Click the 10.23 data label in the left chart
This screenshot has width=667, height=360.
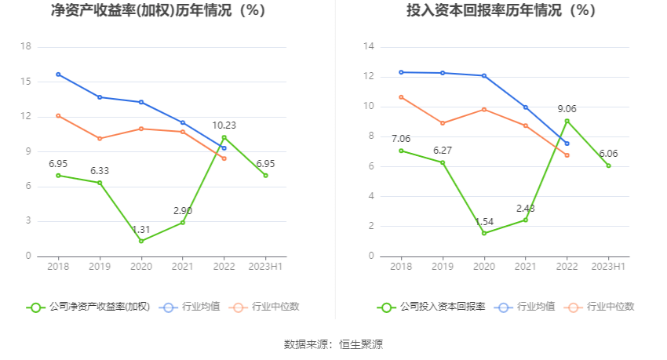(224, 125)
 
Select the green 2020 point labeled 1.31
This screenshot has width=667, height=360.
(141, 241)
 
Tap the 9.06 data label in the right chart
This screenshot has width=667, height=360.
(567, 108)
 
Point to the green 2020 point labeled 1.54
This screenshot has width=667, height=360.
(484, 233)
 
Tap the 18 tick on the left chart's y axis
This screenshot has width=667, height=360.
(26, 47)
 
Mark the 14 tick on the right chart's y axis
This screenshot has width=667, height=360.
(368, 47)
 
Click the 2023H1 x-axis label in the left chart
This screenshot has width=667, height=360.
(265, 267)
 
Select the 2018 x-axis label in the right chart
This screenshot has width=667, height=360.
(401, 267)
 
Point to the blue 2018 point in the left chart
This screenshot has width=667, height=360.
(58, 75)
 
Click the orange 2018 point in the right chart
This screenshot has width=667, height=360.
(401, 97)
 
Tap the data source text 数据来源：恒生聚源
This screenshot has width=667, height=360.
(333, 344)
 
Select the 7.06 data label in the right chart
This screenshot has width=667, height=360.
(400, 139)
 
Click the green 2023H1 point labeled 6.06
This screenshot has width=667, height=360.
(608, 165)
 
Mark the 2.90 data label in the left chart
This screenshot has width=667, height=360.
(182, 210)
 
